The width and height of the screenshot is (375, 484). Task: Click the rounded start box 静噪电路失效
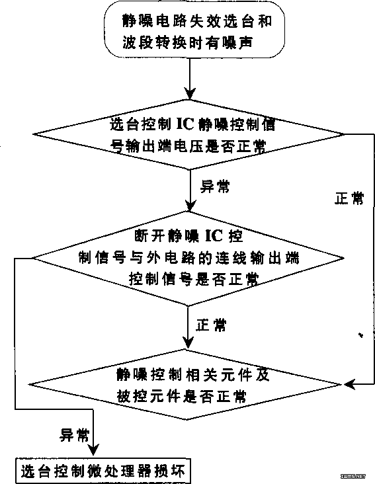[x=194, y=30]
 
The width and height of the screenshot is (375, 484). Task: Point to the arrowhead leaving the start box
[x=190, y=93]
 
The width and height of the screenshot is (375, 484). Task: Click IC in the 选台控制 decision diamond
[x=185, y=124]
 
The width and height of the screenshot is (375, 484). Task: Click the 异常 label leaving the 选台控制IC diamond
[x=215, y=186]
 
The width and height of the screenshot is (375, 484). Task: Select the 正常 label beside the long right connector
[x=349, y=198]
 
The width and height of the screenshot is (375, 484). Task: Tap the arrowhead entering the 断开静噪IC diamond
[x=190, y=206]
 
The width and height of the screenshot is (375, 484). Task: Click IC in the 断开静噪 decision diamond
[x=214, y=236]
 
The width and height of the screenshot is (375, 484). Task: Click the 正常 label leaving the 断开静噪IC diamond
[x=212, y=325]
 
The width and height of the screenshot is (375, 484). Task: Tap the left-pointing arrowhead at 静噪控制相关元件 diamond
[x=350, y=385]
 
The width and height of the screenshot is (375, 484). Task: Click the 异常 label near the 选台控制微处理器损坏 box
[x=74, y=435]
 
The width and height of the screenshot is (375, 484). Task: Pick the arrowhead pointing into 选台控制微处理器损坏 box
[x=93, y=450]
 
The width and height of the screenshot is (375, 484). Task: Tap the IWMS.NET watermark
[x=353, y=476]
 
